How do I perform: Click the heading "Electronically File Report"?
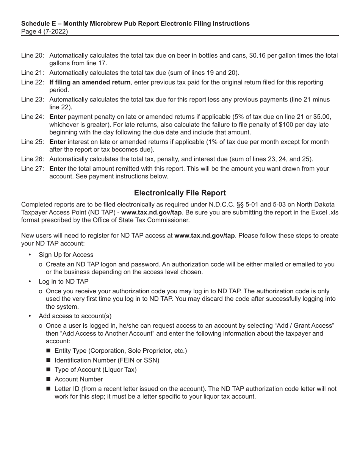pos(180,193)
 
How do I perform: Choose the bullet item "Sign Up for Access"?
pos(66,255)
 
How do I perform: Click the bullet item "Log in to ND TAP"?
pos(63,281)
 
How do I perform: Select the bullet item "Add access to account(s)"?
pos(75,316)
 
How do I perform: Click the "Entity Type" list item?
pos(121,351)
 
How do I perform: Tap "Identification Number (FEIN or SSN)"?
pos(107,360)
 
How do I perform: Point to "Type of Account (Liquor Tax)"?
pos(95,370)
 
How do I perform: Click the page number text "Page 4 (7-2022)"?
pos(45,31)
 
